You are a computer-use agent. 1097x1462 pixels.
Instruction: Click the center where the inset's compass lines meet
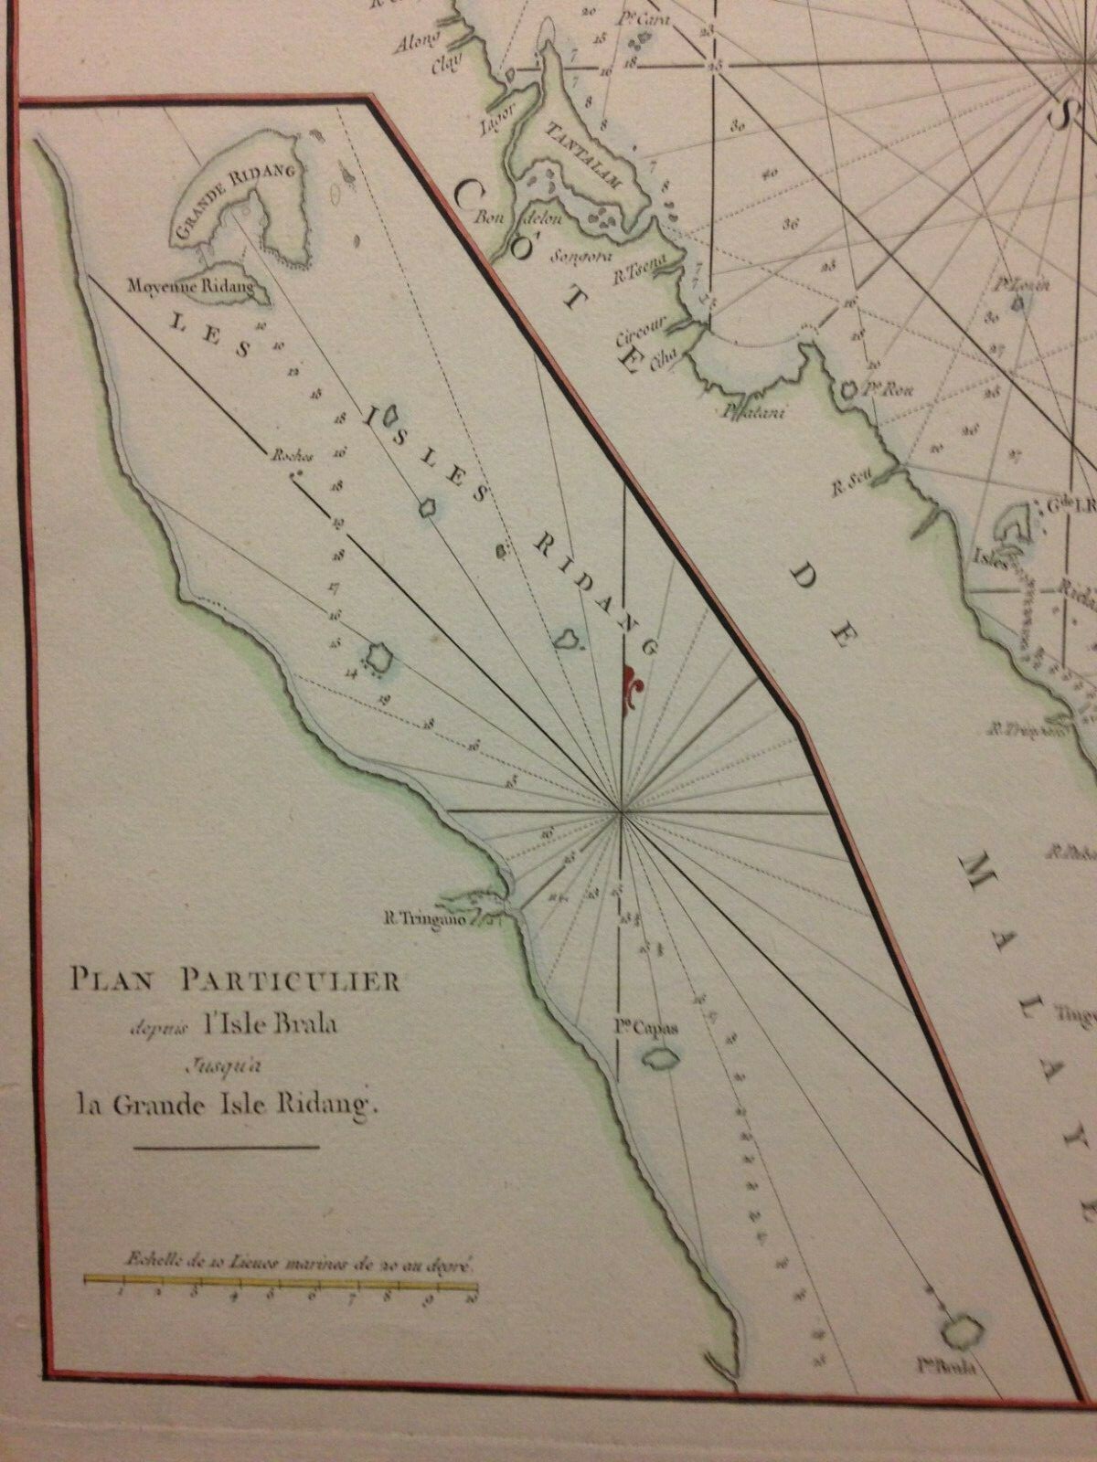pos(621,810)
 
